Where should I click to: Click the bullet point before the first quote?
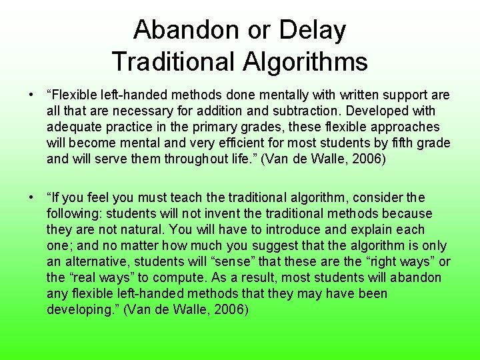pyautogui.click(x=31, y=95)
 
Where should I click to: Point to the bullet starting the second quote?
pyautogui.click(x=31, y=198)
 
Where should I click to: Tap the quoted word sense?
pyautogui.click(x=251, y=262)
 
